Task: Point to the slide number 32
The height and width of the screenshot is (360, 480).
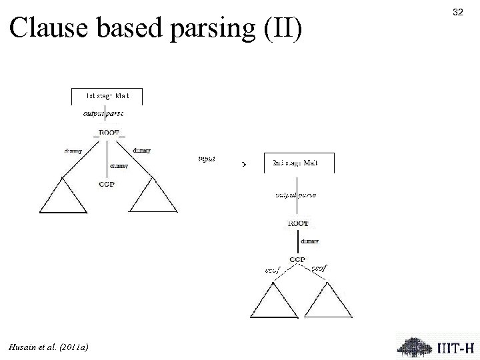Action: tap(457, 11)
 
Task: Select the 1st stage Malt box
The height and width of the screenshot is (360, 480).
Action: tap(107, 95)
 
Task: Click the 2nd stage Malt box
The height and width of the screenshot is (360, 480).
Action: tap(295, 163)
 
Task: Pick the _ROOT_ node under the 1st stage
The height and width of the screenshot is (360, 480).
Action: tap(109, 133)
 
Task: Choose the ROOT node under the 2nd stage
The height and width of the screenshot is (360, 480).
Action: tap(297, 224)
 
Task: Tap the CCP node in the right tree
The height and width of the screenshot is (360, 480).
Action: tap(297, 259)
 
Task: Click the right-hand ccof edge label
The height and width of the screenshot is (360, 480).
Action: tap(320, 267)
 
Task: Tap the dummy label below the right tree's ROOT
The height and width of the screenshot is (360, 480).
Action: tap(309, 241)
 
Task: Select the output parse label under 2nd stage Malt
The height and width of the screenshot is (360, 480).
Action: tap(296, 195)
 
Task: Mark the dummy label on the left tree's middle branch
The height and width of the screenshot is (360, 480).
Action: tap(118, 165)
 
